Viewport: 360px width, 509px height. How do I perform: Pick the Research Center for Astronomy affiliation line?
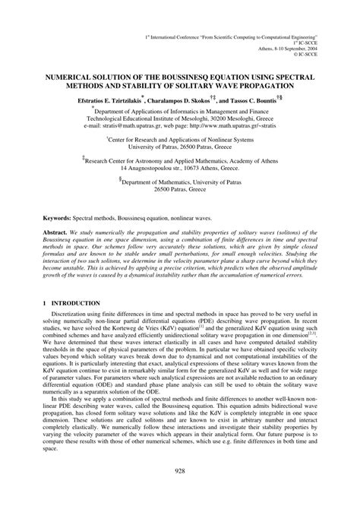point(181,161)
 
